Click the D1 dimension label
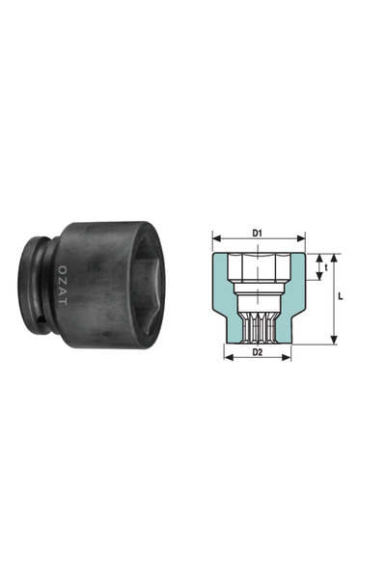[x=258, y=232]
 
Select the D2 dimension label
[x=258, y=352]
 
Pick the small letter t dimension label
[x=327, y=267]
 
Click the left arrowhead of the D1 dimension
[x=215, y=239]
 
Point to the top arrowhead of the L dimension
[x=335, y=258]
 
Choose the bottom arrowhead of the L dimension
[x=335, y=340]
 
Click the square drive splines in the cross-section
[x=258, y=323]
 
